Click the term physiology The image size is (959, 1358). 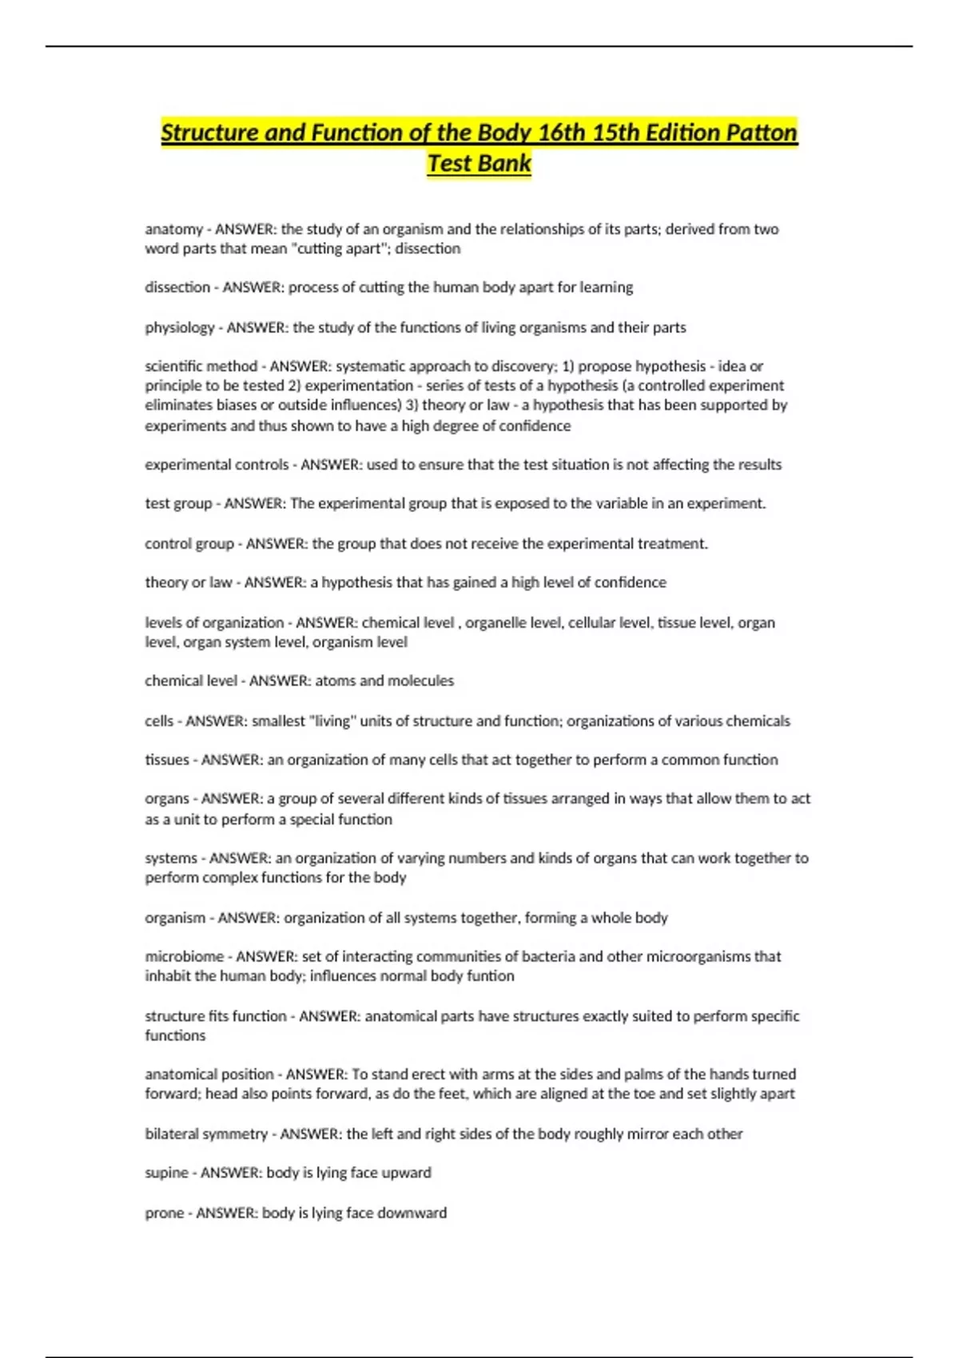180,328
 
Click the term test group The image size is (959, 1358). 178,504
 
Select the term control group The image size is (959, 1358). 189,544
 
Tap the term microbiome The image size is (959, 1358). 184,957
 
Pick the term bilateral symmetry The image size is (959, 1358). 206,1134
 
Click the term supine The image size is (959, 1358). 166,1173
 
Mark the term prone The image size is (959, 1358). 164,1213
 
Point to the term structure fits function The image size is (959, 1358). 215,1016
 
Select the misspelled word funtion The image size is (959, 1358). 490,976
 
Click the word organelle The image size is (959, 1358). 496,623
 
